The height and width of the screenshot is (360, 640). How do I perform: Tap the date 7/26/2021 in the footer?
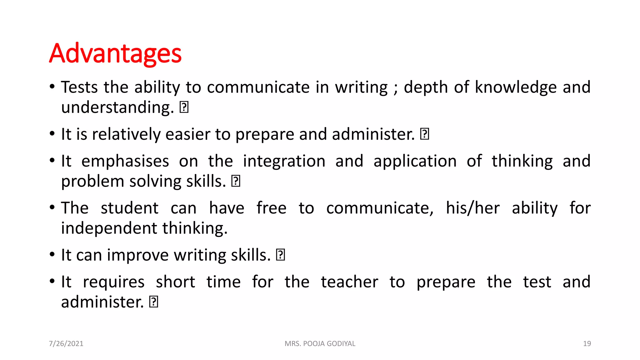pyautogui.click(x=66, y=343)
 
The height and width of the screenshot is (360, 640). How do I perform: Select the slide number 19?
pyautogui.click(x=587, y=343)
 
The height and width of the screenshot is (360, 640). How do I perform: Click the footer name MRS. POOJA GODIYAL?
pyautogui.click(x=320, y=343)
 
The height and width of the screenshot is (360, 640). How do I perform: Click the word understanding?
pyautogui.click(x=117, y=107)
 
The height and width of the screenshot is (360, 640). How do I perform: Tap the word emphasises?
pyautogui.click(x=125, y=162)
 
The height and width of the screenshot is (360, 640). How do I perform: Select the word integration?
pyautogui.click(x=284, y=162)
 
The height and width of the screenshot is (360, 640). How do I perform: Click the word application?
pyautogui.click(x=415, y=162)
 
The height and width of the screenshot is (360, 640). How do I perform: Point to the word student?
pyautogui.click(x=129, y=208)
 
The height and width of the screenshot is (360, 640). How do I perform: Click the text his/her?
pyautogui.click(x=472, y=208)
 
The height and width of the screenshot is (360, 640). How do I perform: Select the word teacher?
pyautogui.click(x=349, y=282)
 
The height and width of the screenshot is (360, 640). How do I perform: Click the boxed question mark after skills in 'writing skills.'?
pyautogui.click(x=280, y=255)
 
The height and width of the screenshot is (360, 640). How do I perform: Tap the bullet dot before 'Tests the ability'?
pyautogui.click(x=52, y=86)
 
